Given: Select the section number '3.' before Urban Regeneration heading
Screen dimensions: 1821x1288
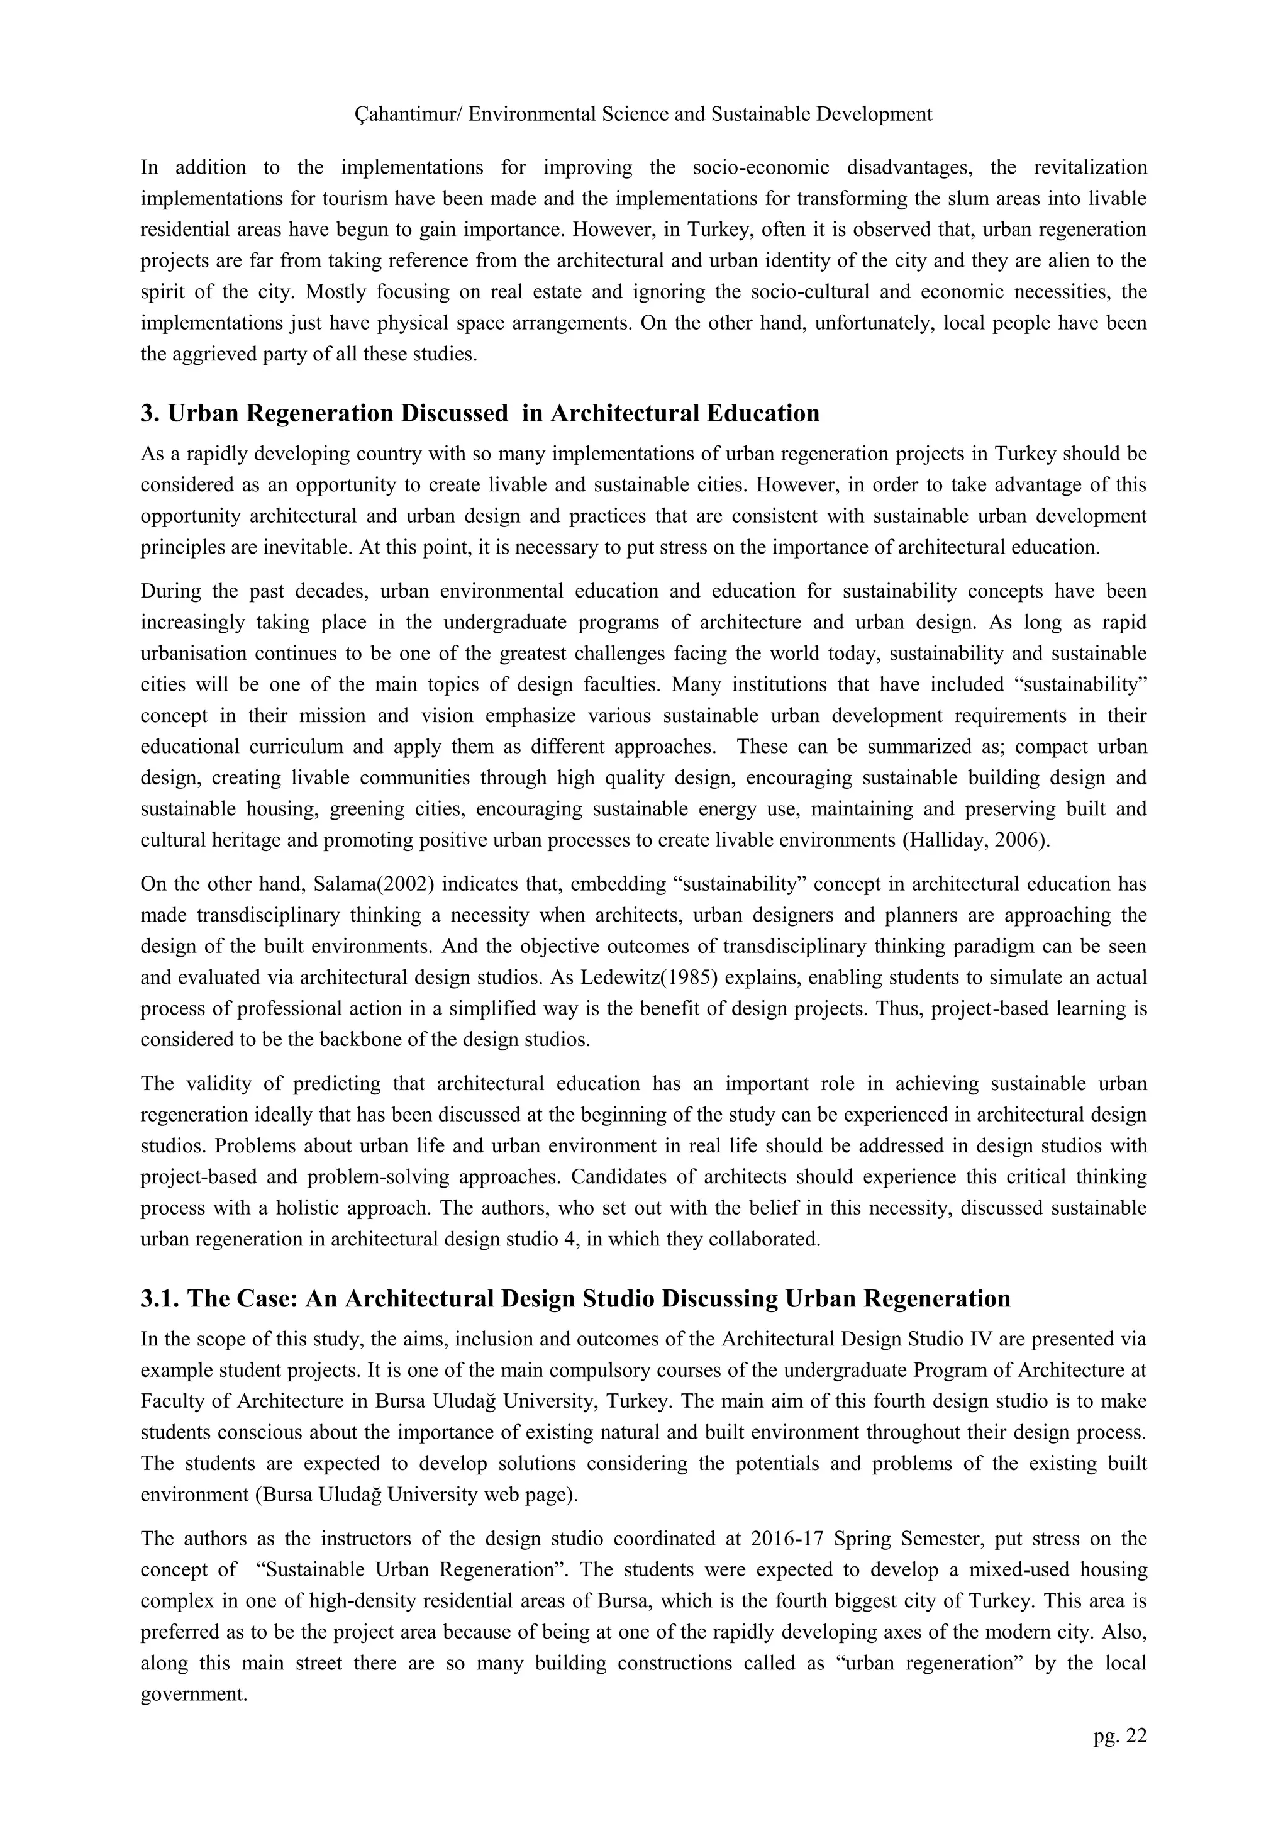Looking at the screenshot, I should tap(151, 414).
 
